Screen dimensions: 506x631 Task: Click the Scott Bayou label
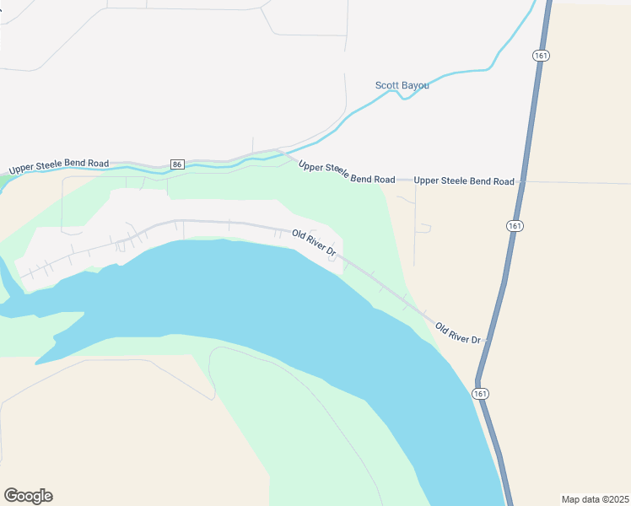tap(402, 85)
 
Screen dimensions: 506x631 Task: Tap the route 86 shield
tap(176, 164)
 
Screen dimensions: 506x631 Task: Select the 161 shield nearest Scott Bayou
tap(541, 55)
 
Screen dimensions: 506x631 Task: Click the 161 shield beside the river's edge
tap(480, 394)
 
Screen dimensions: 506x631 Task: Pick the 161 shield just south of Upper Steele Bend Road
tap(514, 226)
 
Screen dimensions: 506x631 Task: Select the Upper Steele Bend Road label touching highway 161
tap(464, 181)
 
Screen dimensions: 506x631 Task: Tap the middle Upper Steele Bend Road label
tap(347, 172)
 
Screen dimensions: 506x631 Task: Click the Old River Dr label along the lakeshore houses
tap(314, 243)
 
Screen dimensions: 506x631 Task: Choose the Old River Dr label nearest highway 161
tap(458, 332)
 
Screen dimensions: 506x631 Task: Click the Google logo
tap(28, 495)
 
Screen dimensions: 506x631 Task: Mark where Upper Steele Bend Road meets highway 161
tap(521, 181)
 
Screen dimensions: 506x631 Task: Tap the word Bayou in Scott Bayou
tap(414, 85)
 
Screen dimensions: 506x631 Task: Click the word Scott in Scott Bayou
tap(386, 85)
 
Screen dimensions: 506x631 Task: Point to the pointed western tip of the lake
tap(36, 363)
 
